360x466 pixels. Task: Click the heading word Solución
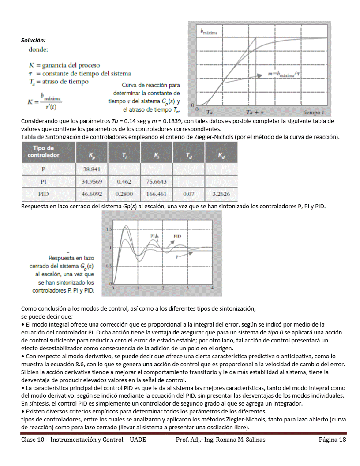[34, 40]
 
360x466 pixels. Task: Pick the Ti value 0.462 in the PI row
[124, 181]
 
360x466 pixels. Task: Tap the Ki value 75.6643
[156, 181]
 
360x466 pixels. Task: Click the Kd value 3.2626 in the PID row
[221, 194]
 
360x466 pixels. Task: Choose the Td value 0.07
[189, 194]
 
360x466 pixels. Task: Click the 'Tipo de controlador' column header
[43, 152]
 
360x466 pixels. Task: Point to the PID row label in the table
[44, 194]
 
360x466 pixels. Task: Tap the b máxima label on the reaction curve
[211, 32]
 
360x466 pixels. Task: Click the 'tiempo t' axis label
[314, 113]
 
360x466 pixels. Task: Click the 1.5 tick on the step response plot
[109, 229]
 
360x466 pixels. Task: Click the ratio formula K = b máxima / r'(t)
[44, 101]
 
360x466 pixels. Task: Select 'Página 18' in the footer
[333, 440]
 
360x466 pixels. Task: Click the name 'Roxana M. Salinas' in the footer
[241, 440]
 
